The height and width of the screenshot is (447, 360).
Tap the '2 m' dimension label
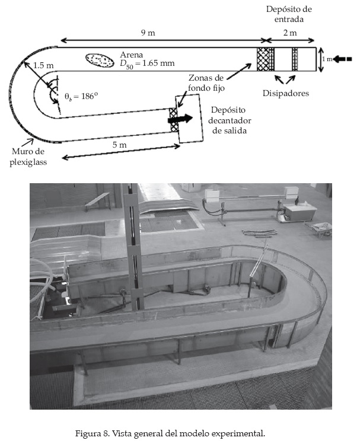pos(290,33)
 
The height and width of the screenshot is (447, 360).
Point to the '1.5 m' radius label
pos(43,65)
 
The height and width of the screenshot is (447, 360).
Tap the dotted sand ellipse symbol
pos(100,59)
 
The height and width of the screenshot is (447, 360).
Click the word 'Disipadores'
pos(286,93)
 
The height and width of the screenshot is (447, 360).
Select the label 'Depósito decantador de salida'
pos(228,121)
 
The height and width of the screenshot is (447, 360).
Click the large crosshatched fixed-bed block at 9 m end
pos(262,59)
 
